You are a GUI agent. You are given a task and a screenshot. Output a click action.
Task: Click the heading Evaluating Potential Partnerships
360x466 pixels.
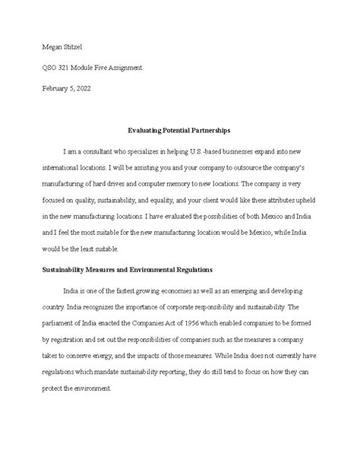(x=180, y=132)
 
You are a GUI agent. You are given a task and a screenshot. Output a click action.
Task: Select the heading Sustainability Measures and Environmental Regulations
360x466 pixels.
(x=127, y=268)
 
